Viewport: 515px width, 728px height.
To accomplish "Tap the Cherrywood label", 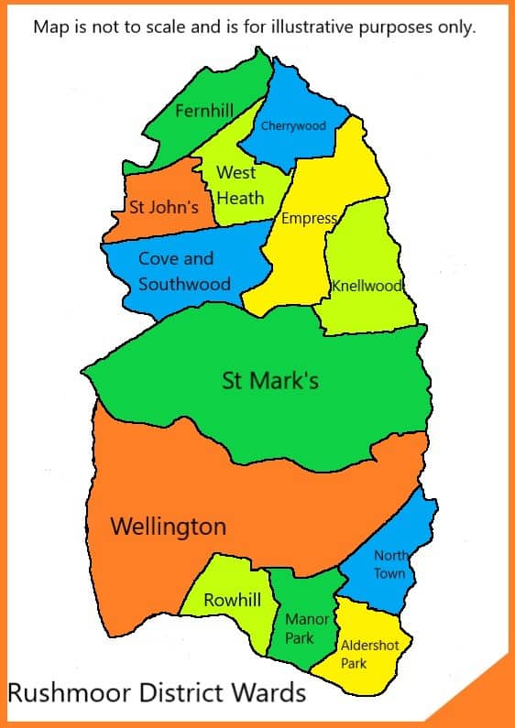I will tap(293, 125).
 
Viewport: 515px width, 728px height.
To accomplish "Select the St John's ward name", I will tap(164, 207).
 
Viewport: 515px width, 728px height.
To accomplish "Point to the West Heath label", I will tap(238, 185).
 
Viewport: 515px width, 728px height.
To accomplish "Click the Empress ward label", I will tap(310, 219).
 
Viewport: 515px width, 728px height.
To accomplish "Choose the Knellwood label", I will tap(367, 286).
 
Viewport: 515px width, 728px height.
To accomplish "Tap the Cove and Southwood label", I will tap(183, 271).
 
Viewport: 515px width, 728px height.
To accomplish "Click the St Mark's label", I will tap(270, 379).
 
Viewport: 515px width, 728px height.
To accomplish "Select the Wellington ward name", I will tap(168, 527).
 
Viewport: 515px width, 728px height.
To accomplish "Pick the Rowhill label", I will tap(232, 601).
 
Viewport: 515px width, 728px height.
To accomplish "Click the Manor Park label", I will tap(306, 628).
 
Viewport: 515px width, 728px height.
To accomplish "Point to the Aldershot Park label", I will tap(368, 654).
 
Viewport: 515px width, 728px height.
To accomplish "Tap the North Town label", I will tap(389, 565).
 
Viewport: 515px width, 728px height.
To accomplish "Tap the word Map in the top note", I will tap(49, 27).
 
